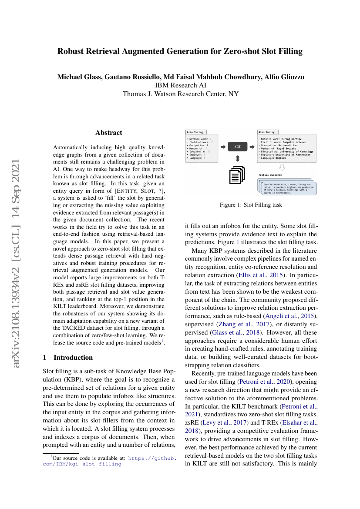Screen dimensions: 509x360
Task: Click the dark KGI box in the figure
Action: click(237, 147)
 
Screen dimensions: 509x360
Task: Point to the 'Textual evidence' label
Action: click(270, 174)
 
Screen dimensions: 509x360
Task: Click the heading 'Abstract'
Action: click(109, 133)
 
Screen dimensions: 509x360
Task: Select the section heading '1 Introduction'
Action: click(68, 357)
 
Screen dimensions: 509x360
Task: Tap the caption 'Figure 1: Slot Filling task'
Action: click(251, 204)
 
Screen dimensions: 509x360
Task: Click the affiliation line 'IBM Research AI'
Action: click(180, 85)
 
